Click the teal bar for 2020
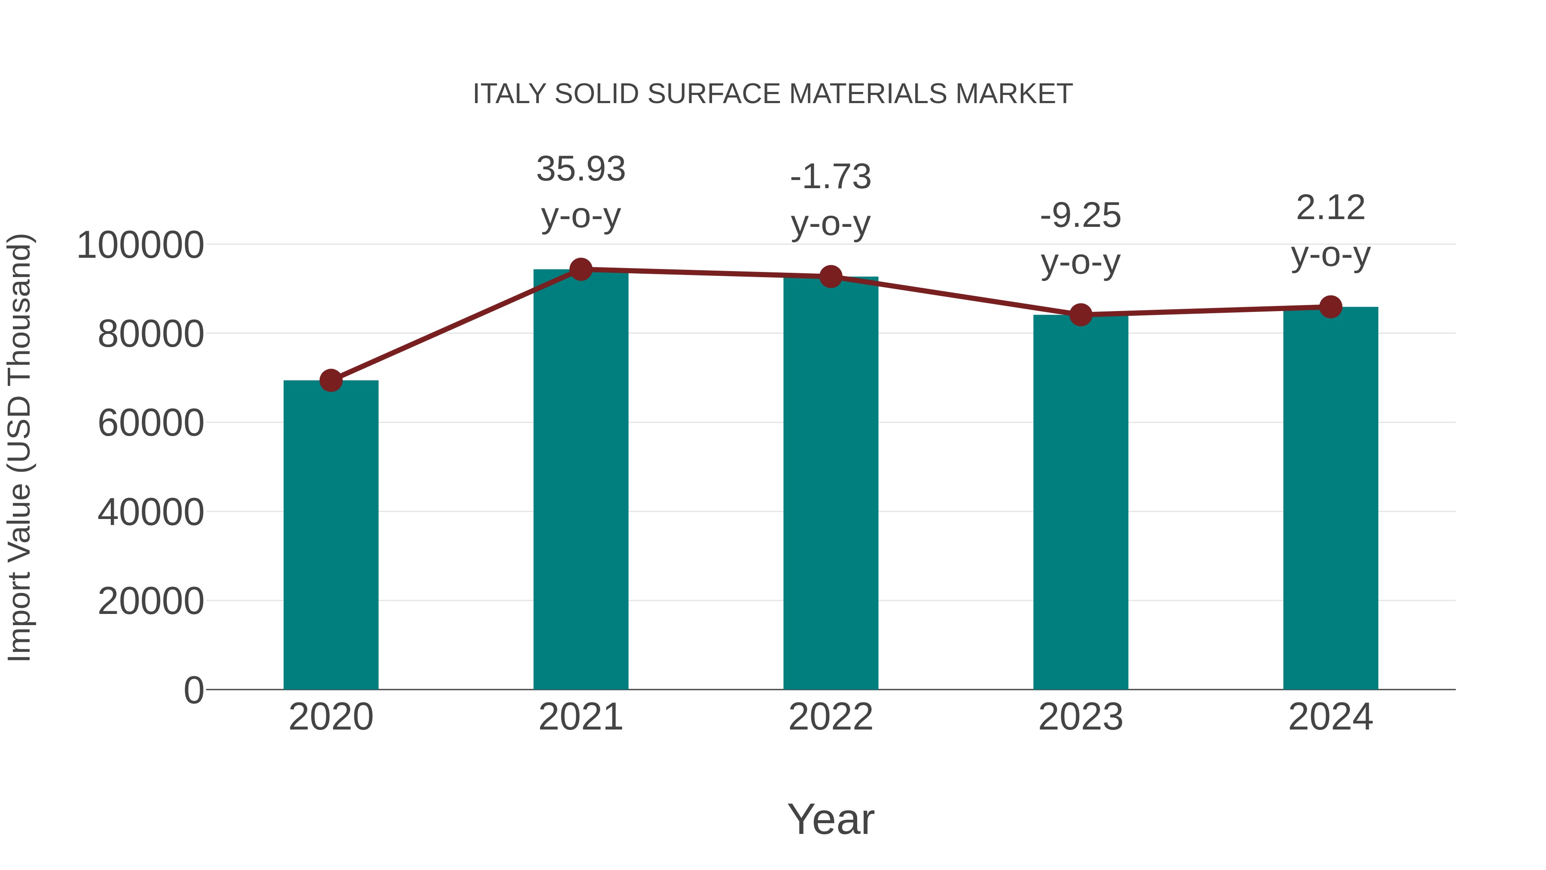[331, 534]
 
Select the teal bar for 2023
[1080, 501]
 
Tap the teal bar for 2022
[831, 483]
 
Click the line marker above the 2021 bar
[580, 269]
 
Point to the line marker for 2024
[1330, 307]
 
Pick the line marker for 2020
[331, 380]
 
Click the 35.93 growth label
[580, 169]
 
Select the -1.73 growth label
[831, 177]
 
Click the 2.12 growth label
[1330, 208]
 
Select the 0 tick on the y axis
[194, 690]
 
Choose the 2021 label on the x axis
[580, 717]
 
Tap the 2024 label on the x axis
[1330, 717]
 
